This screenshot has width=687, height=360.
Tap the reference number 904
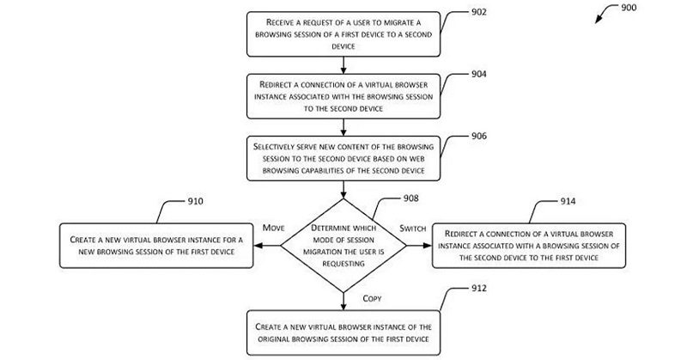[478, 74]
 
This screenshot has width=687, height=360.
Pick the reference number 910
[196, 203]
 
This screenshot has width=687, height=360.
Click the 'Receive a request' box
[343, 35]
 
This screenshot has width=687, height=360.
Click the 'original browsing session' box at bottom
[343, 334]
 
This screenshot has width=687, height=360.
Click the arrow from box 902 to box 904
[343, 64]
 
